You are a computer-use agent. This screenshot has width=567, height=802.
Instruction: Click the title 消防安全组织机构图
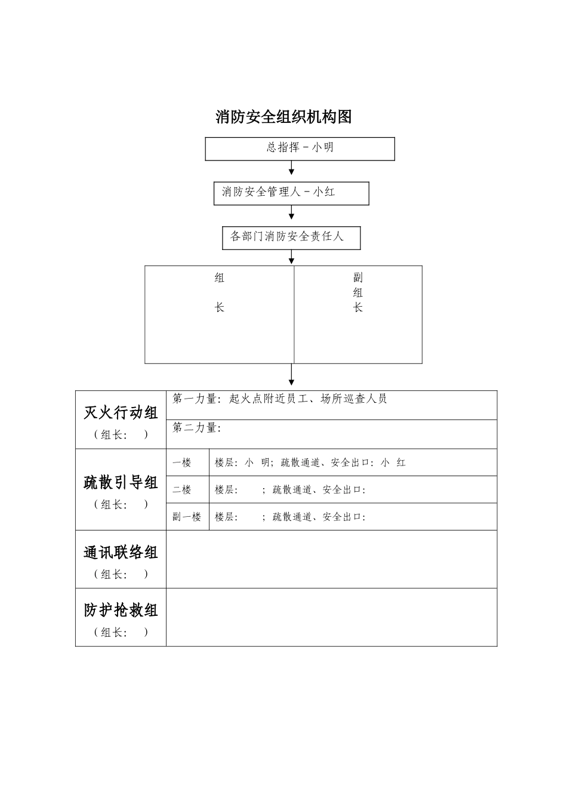[x=283, y=117]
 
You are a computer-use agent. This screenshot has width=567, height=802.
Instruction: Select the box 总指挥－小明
[x=300, y=149]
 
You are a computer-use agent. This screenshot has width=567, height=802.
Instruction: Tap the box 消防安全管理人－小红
[x=291, y=193]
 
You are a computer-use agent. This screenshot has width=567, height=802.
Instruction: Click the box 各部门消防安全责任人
[x=291, y=237]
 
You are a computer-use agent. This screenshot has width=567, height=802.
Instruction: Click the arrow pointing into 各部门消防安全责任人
[x=292, y=214]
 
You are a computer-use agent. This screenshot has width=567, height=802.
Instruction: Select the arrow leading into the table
[x=292, y=376]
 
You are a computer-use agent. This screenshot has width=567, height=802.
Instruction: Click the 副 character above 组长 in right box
[x=358, y=277]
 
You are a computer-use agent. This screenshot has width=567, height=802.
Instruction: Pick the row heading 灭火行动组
[x=121, y=413]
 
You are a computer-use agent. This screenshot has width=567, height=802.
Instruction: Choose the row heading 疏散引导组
[x=121, y=482]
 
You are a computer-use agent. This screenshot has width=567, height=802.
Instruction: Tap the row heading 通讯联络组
[x=121, y=553]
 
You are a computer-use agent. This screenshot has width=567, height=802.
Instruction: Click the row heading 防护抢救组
[x=121, y=610]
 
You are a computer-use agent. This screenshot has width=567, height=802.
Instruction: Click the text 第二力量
[x=197, y=428]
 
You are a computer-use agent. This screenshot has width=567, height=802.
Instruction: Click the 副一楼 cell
[x=187, y=517]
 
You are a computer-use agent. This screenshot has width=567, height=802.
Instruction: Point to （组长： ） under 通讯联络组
[x=121, y=574]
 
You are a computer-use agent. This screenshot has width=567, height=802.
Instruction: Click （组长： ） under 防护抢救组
[x=121, y=633]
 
